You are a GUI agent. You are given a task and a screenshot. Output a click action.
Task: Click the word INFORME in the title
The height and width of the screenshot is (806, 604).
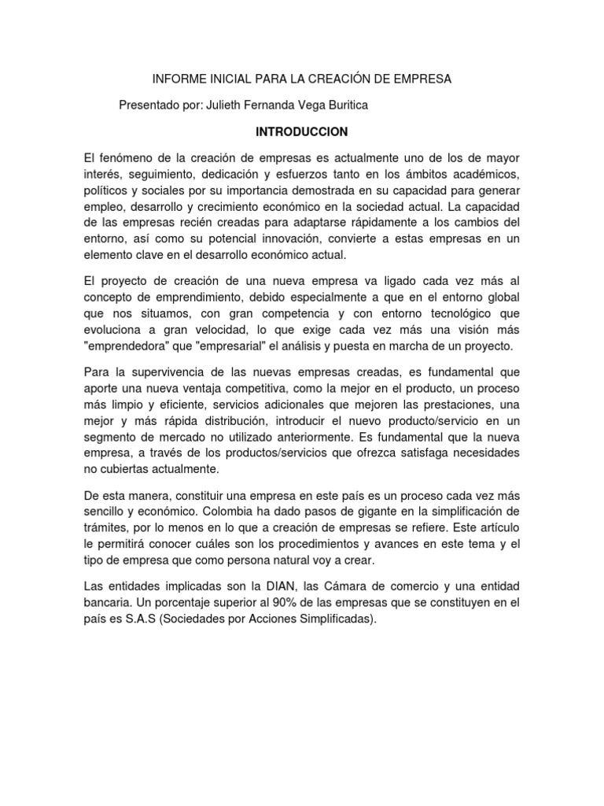[176, 79]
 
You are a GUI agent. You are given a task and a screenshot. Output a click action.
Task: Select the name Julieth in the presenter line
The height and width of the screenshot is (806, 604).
[227, 105]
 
